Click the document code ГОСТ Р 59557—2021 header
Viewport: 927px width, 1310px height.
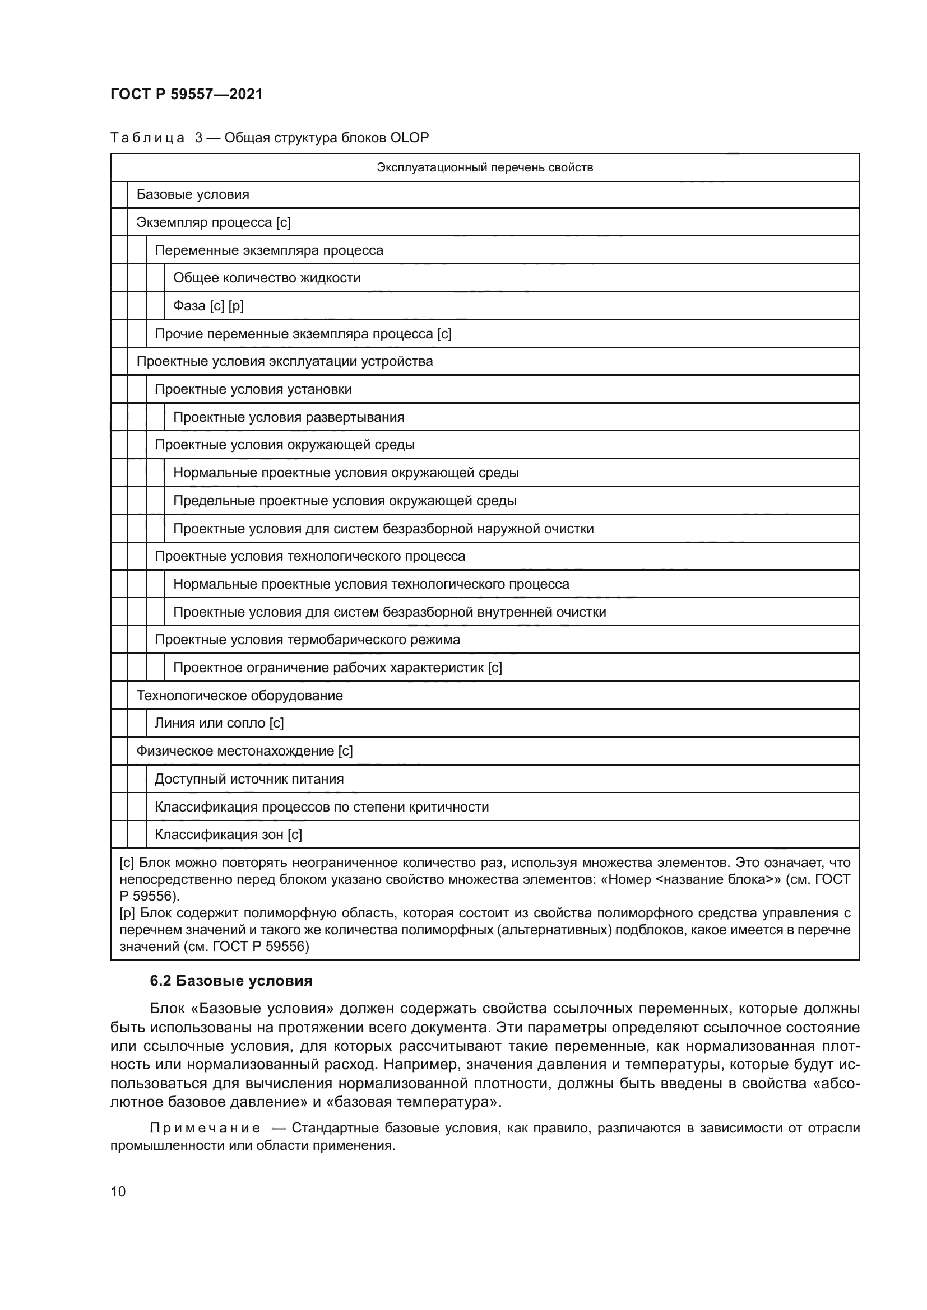[x=187, y=95]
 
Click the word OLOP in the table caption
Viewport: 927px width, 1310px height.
[x=409, y=138]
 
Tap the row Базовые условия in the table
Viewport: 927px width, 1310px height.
[x=193, y=194]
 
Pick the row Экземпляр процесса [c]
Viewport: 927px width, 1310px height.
[x=214, y=222]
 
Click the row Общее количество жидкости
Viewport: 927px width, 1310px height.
[x=267, y=278]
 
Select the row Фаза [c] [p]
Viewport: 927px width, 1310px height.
[x=208, y=306]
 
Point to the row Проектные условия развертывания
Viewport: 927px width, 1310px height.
[x=288, y=417]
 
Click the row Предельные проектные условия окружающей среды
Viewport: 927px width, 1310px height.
[x=344, y=501]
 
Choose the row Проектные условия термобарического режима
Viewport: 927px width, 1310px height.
[x=307, y=640]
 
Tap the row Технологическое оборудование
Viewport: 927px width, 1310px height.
[x=239, y=696]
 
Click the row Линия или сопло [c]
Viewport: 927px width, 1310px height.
[x=219, y=724]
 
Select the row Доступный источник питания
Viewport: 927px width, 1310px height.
[x=249, y=780]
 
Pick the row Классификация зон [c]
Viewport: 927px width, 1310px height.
[x=228, y=835]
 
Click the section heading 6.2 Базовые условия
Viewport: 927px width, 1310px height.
[x=230, y=981]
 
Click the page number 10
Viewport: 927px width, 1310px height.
[x=118, y=1192]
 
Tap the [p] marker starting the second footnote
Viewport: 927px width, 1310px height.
[x=126, y=913]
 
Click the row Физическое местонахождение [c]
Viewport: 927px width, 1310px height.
[x=244, y=752]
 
